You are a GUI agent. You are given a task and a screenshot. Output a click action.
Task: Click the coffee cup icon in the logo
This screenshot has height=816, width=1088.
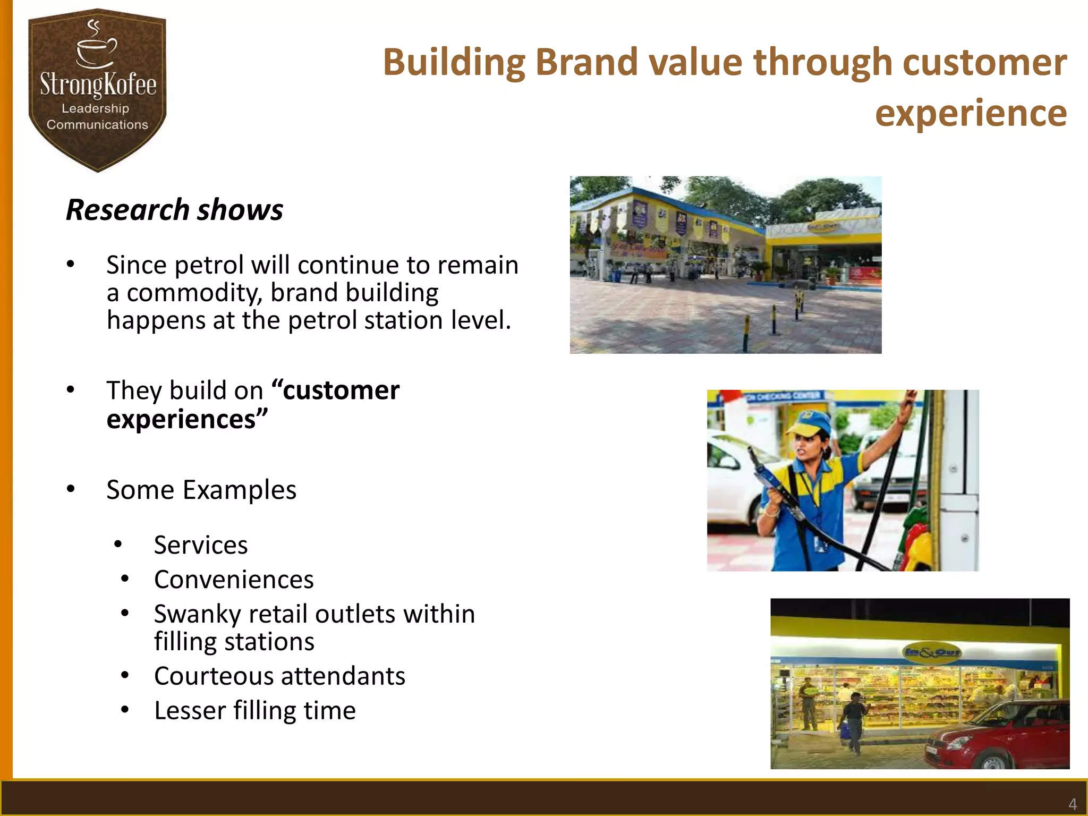(96, 50)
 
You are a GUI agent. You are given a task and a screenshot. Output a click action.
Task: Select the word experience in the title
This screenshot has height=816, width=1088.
(971, 113)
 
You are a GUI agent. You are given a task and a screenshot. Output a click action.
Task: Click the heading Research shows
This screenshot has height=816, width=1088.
(174, 209)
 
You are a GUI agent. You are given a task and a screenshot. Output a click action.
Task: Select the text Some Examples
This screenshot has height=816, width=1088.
(201, 490)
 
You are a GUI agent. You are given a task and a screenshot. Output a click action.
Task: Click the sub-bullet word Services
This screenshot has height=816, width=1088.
(201, 545)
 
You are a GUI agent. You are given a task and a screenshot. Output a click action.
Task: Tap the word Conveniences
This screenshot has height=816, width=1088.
(234, 580)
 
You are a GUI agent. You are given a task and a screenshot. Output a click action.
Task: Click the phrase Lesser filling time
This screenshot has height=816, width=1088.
(254, 711)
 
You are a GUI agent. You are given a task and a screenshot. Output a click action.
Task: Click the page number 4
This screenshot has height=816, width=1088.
(1073, 804)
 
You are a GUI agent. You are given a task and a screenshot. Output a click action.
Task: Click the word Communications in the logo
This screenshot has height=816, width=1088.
(97, 125)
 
